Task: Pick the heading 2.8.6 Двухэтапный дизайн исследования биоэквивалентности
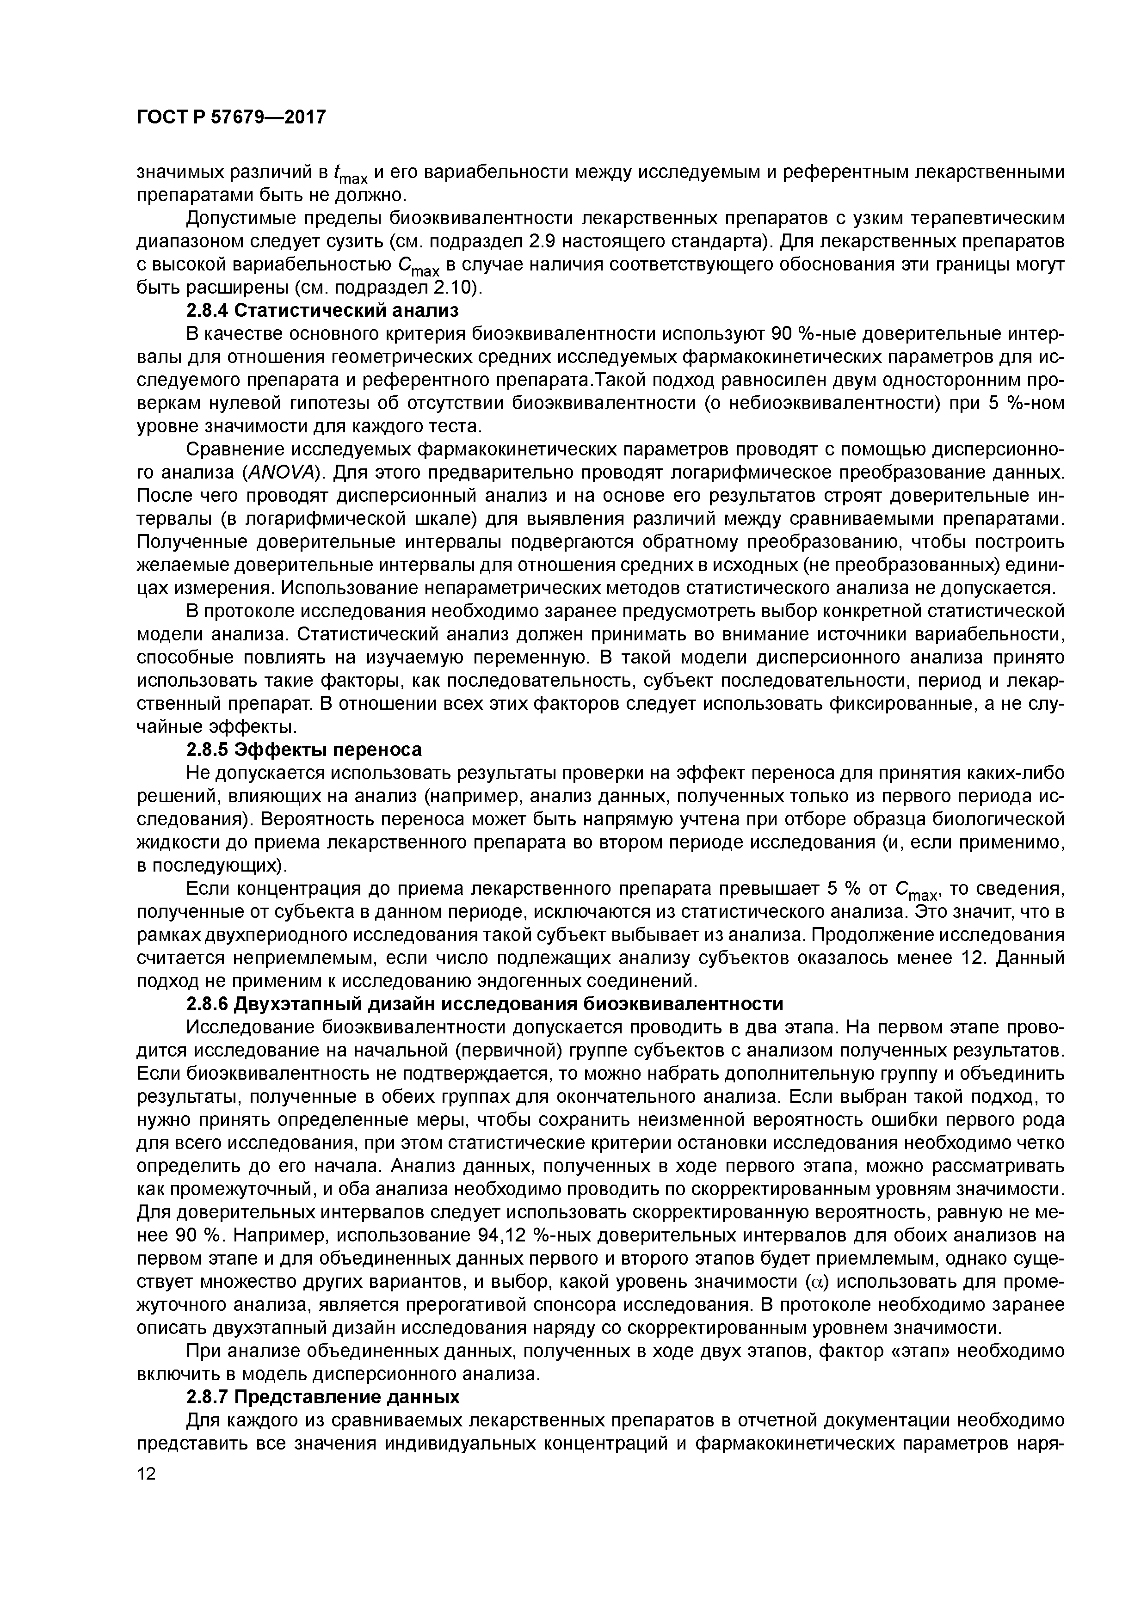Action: [485, 1004]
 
